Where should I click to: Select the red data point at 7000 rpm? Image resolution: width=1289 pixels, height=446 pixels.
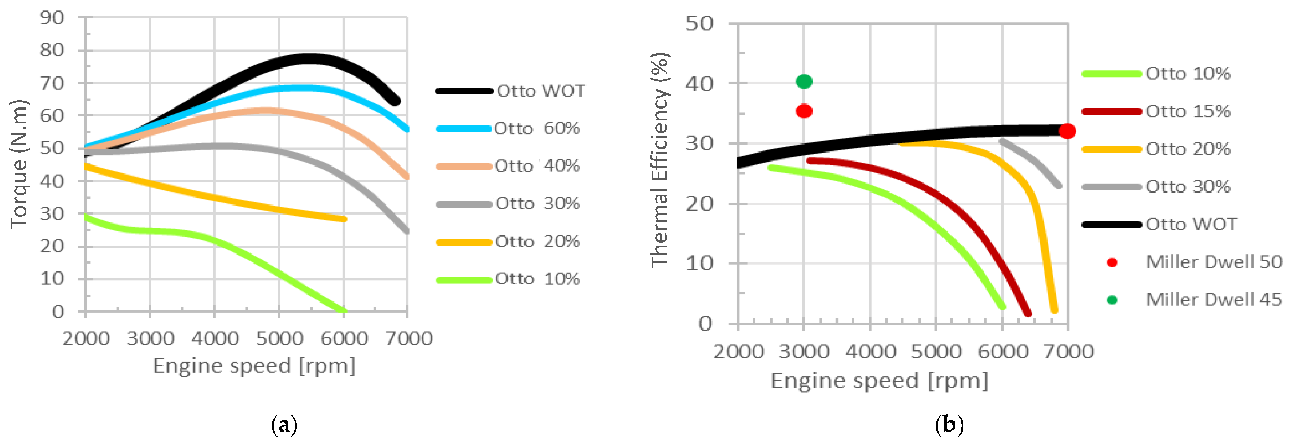(1067, 131)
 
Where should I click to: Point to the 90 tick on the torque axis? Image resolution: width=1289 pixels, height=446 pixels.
(52, 18)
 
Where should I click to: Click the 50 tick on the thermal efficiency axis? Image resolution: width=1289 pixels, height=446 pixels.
(699, 23)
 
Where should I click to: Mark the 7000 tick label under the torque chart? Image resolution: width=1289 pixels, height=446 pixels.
(408, 339)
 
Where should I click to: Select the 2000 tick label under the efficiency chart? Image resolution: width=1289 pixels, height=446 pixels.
(738, 352)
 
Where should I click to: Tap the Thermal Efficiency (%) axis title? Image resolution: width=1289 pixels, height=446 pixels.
(659, 160)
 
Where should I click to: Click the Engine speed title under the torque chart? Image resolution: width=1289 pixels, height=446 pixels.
(254, 366)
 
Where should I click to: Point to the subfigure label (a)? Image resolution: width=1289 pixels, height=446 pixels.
(284, 425)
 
